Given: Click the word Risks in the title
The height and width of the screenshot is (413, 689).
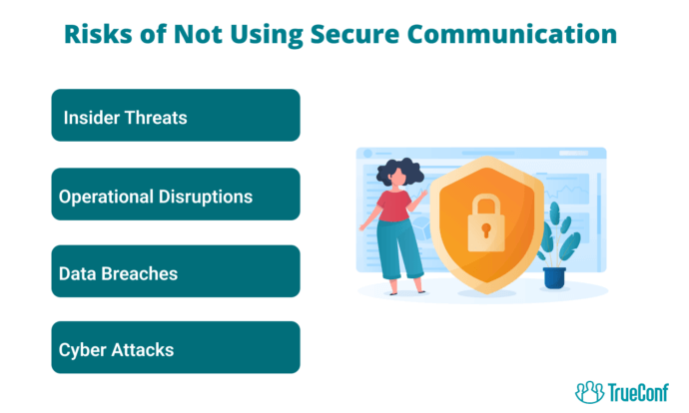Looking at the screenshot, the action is (98, 34).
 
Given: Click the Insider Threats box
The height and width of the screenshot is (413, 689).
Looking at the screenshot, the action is (176, 115).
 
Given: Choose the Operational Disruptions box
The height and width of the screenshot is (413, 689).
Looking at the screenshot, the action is (176, 194).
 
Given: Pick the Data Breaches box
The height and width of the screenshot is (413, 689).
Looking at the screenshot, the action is (176, 271).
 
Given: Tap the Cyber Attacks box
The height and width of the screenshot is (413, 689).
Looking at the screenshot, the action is (176, 347).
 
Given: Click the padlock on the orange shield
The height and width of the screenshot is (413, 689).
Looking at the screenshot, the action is (486, 222).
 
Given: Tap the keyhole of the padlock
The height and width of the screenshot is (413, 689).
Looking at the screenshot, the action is (486, 229).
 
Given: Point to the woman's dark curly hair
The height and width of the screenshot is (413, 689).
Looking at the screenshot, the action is (399, 172).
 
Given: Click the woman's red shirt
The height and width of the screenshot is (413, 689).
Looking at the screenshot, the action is (394, 206).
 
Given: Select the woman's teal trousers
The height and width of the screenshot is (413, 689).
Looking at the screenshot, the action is (399, 248).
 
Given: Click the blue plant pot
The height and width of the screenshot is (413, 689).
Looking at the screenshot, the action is (554, 277).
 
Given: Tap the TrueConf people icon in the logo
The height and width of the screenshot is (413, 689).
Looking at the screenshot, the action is (590, 392).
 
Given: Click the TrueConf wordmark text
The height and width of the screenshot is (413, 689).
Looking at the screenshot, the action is (638, 392).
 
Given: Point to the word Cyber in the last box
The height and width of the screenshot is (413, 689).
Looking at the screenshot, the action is (83, 351).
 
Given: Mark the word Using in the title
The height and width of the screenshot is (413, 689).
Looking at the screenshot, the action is (267, 35).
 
